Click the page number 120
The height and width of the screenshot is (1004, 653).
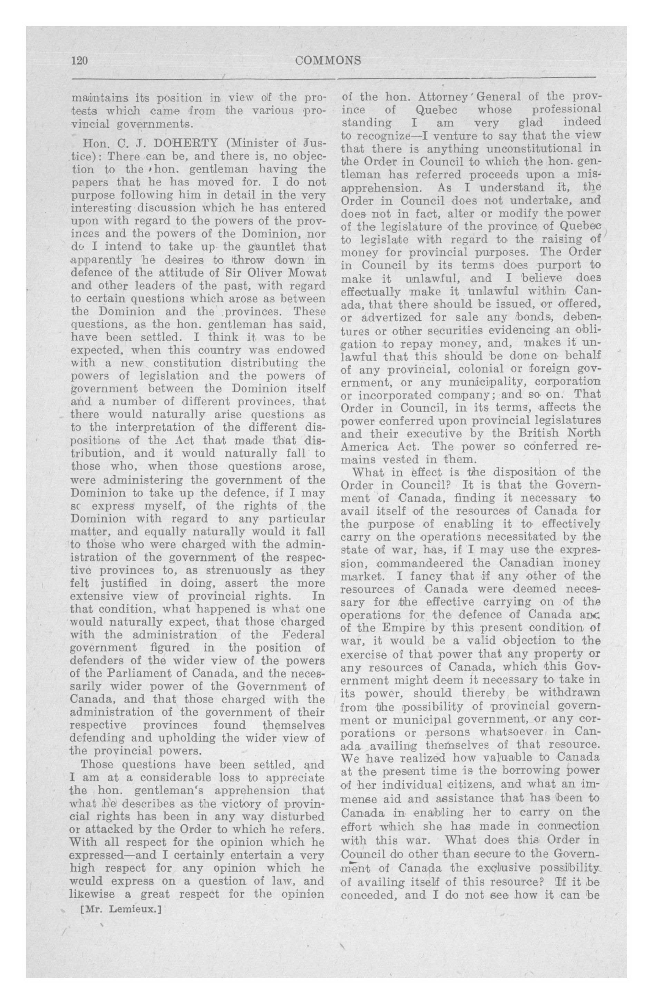click(x=79, y=61)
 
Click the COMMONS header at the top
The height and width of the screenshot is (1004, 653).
click(x=328, y=61)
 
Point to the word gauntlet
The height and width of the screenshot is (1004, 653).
click(x=261, y=247)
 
